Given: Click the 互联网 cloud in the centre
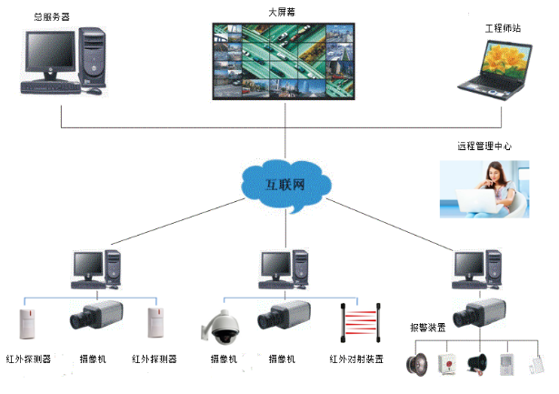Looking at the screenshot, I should click(x=284, y=187).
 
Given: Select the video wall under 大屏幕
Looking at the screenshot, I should click(x=283, y=60).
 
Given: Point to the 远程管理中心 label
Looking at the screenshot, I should click(x=484, y=146).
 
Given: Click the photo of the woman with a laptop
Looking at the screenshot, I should click(x=485, y=189).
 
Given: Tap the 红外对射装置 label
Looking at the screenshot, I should click(x=355, y=359).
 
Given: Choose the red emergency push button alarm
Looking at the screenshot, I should click(x=445, y=362).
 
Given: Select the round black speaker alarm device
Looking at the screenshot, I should click(x=417, y=363).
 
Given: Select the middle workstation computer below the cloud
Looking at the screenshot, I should click(x=284, y=268).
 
